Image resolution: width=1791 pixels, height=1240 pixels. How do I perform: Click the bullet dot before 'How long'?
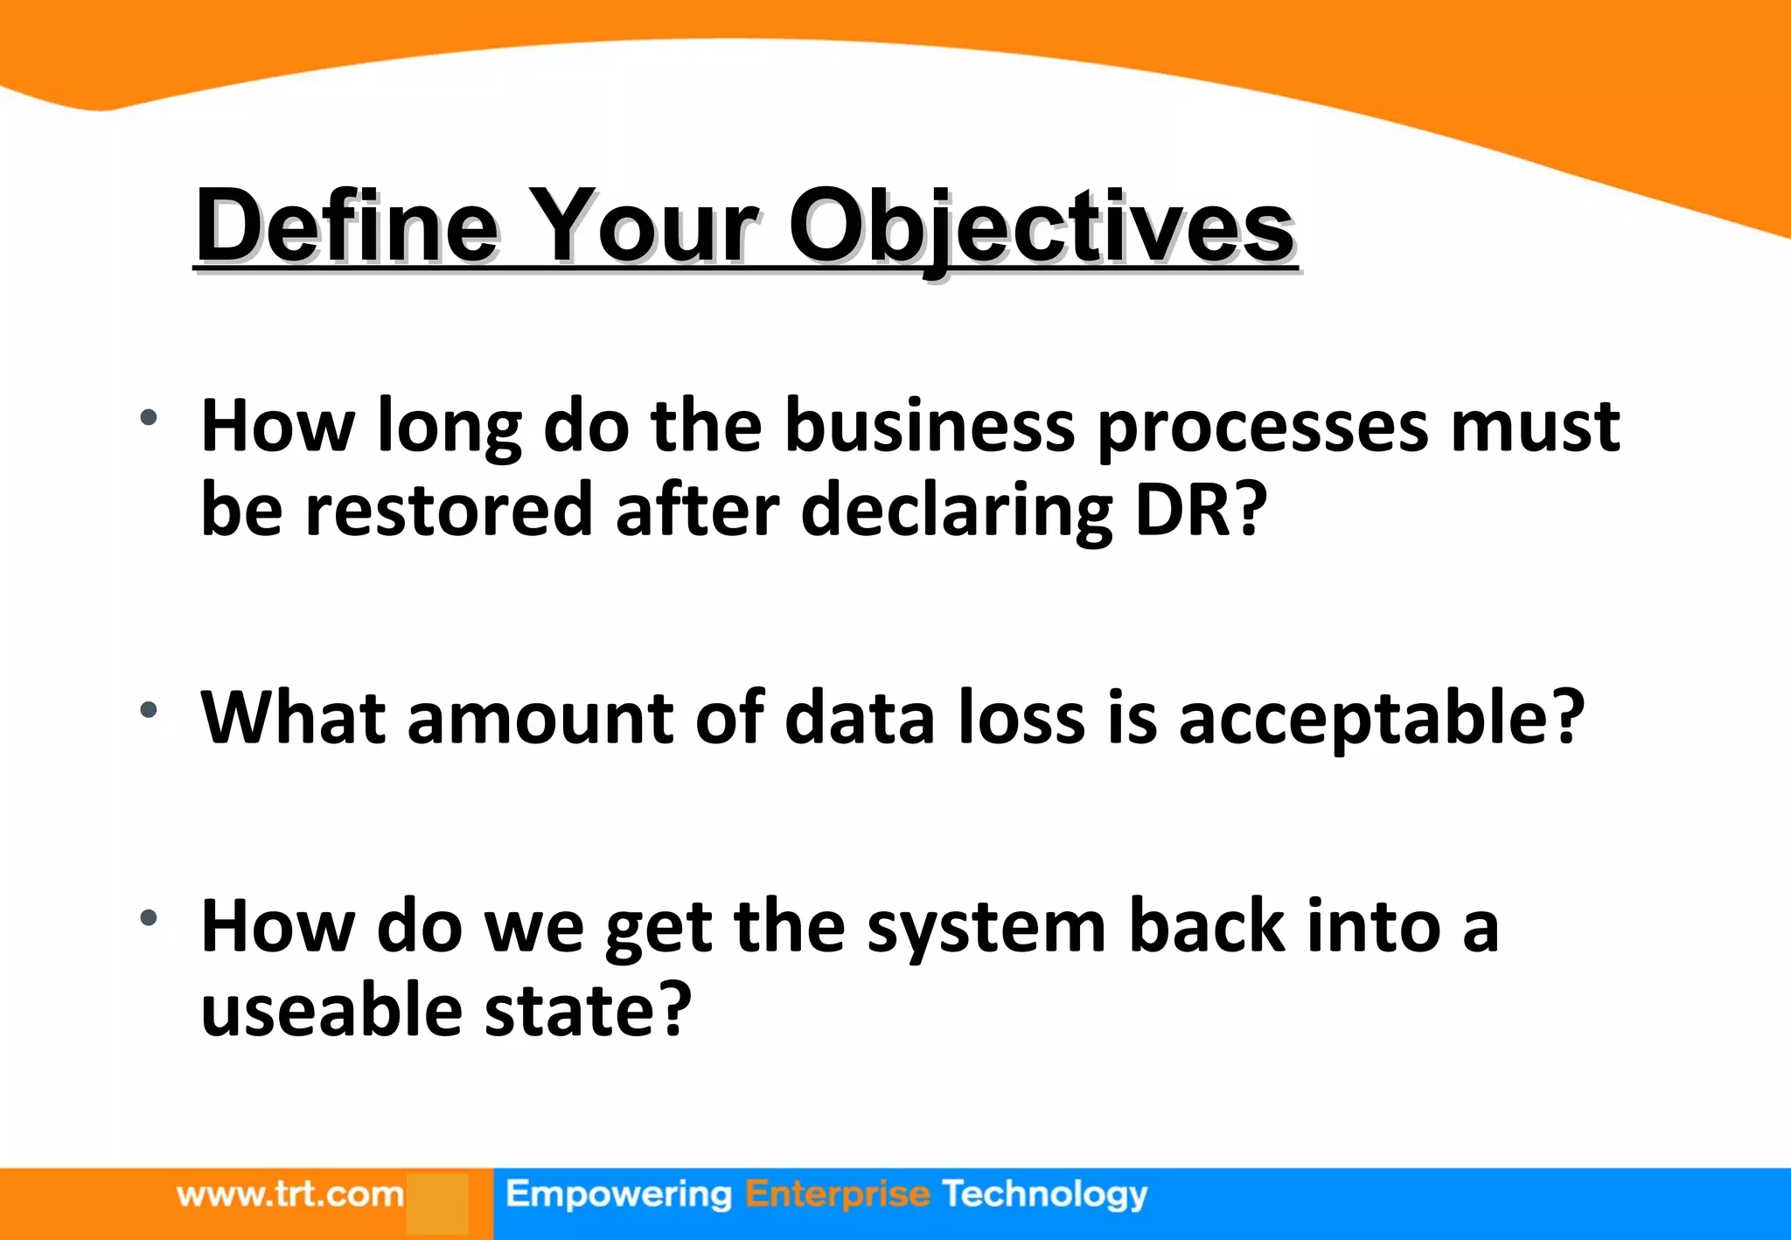click(x=149, y=417)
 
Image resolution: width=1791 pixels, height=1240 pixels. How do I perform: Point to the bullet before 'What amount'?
click(x=149, y=709)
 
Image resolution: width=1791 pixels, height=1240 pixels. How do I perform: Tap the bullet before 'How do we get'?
click(x=149, y=917)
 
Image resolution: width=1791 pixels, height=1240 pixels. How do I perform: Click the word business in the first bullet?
click(x=930, y=426)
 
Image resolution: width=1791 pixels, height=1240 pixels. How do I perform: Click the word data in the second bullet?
click(x=860, y=717)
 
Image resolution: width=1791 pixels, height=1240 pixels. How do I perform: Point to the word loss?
click(x=1021, y=717)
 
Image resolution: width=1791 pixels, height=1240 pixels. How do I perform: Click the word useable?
click(x=331, y=1010)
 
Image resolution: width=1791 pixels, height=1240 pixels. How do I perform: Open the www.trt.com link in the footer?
click(x=289, y=1195)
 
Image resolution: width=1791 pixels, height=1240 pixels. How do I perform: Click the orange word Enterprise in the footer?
click(x=837, y=1195)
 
